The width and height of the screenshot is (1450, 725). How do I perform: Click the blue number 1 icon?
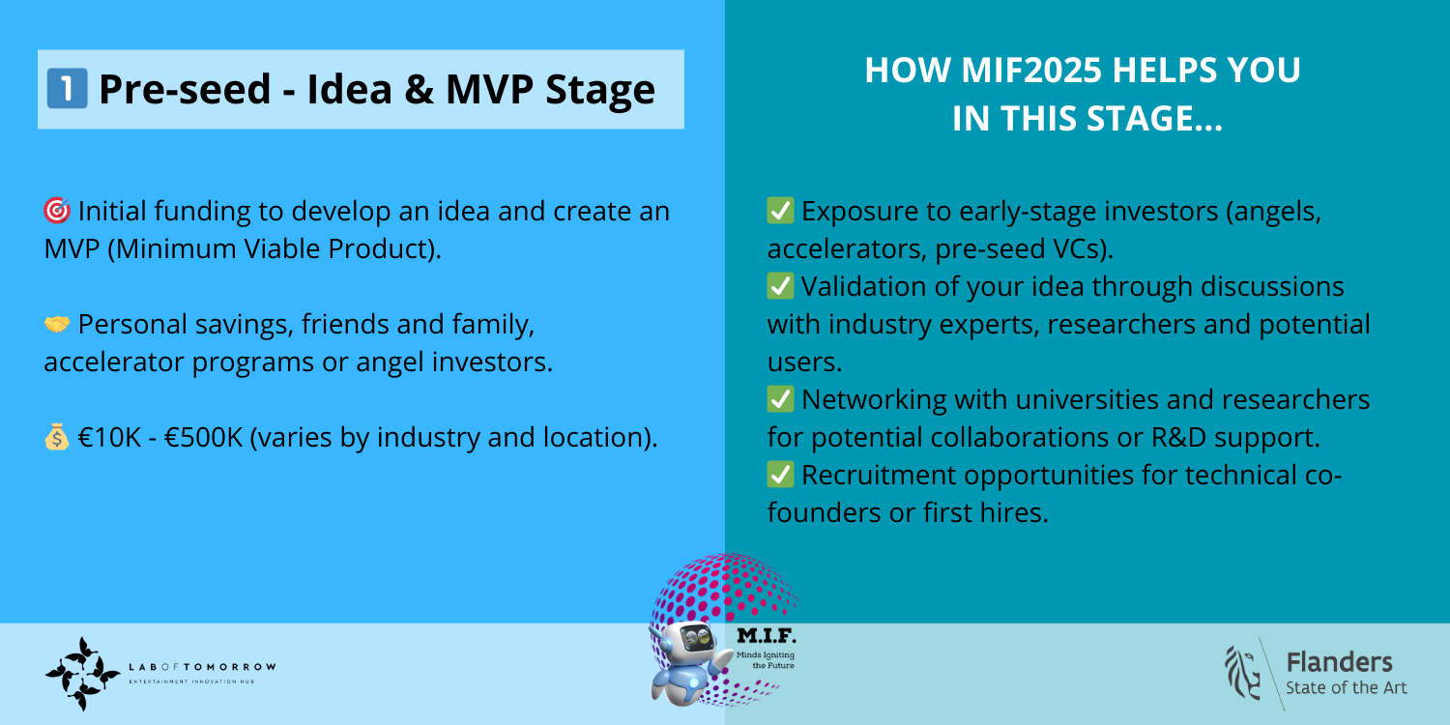tap(68, 89)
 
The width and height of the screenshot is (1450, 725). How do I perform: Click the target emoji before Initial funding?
tap(57, 211)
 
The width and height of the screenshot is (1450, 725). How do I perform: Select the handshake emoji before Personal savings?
tap(57, 324)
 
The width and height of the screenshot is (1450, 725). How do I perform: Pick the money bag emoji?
tap(57, 437)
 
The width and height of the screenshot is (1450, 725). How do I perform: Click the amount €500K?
tap(203, 437)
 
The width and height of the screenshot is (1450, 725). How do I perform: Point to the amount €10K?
tap(109, 437)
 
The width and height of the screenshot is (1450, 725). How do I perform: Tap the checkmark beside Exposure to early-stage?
tap(781, 211)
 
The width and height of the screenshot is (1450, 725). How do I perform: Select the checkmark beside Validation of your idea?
tap(781, 286)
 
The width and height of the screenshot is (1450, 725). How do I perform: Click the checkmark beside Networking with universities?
tap(781, 399)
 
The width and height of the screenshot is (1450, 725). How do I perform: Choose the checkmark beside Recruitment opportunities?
tap(781, 475)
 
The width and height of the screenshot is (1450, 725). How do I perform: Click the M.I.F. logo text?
tap(767, 636)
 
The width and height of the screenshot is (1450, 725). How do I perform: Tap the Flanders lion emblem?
tap(1242, 673)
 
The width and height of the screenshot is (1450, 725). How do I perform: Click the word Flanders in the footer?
tap(1339, 662)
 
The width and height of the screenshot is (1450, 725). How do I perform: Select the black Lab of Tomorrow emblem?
tap(82, 673)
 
